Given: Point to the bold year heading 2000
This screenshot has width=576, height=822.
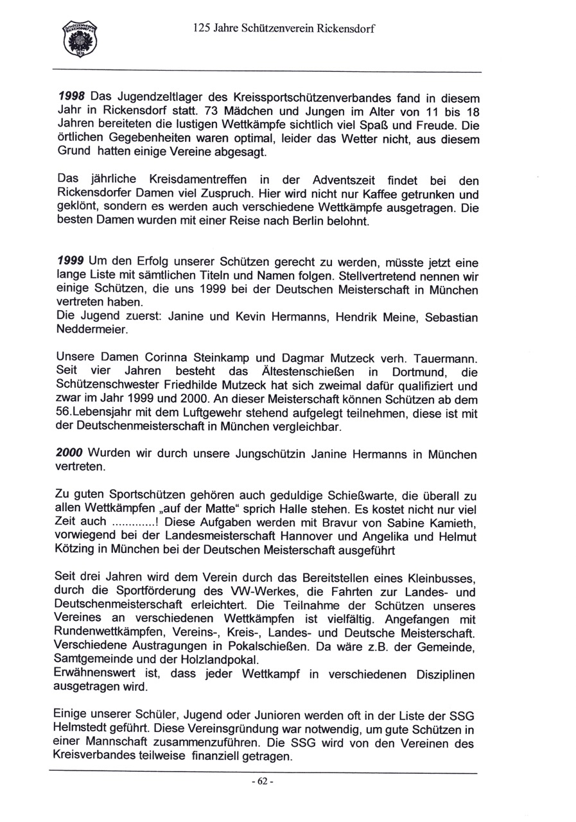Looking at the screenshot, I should pos(70,454).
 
